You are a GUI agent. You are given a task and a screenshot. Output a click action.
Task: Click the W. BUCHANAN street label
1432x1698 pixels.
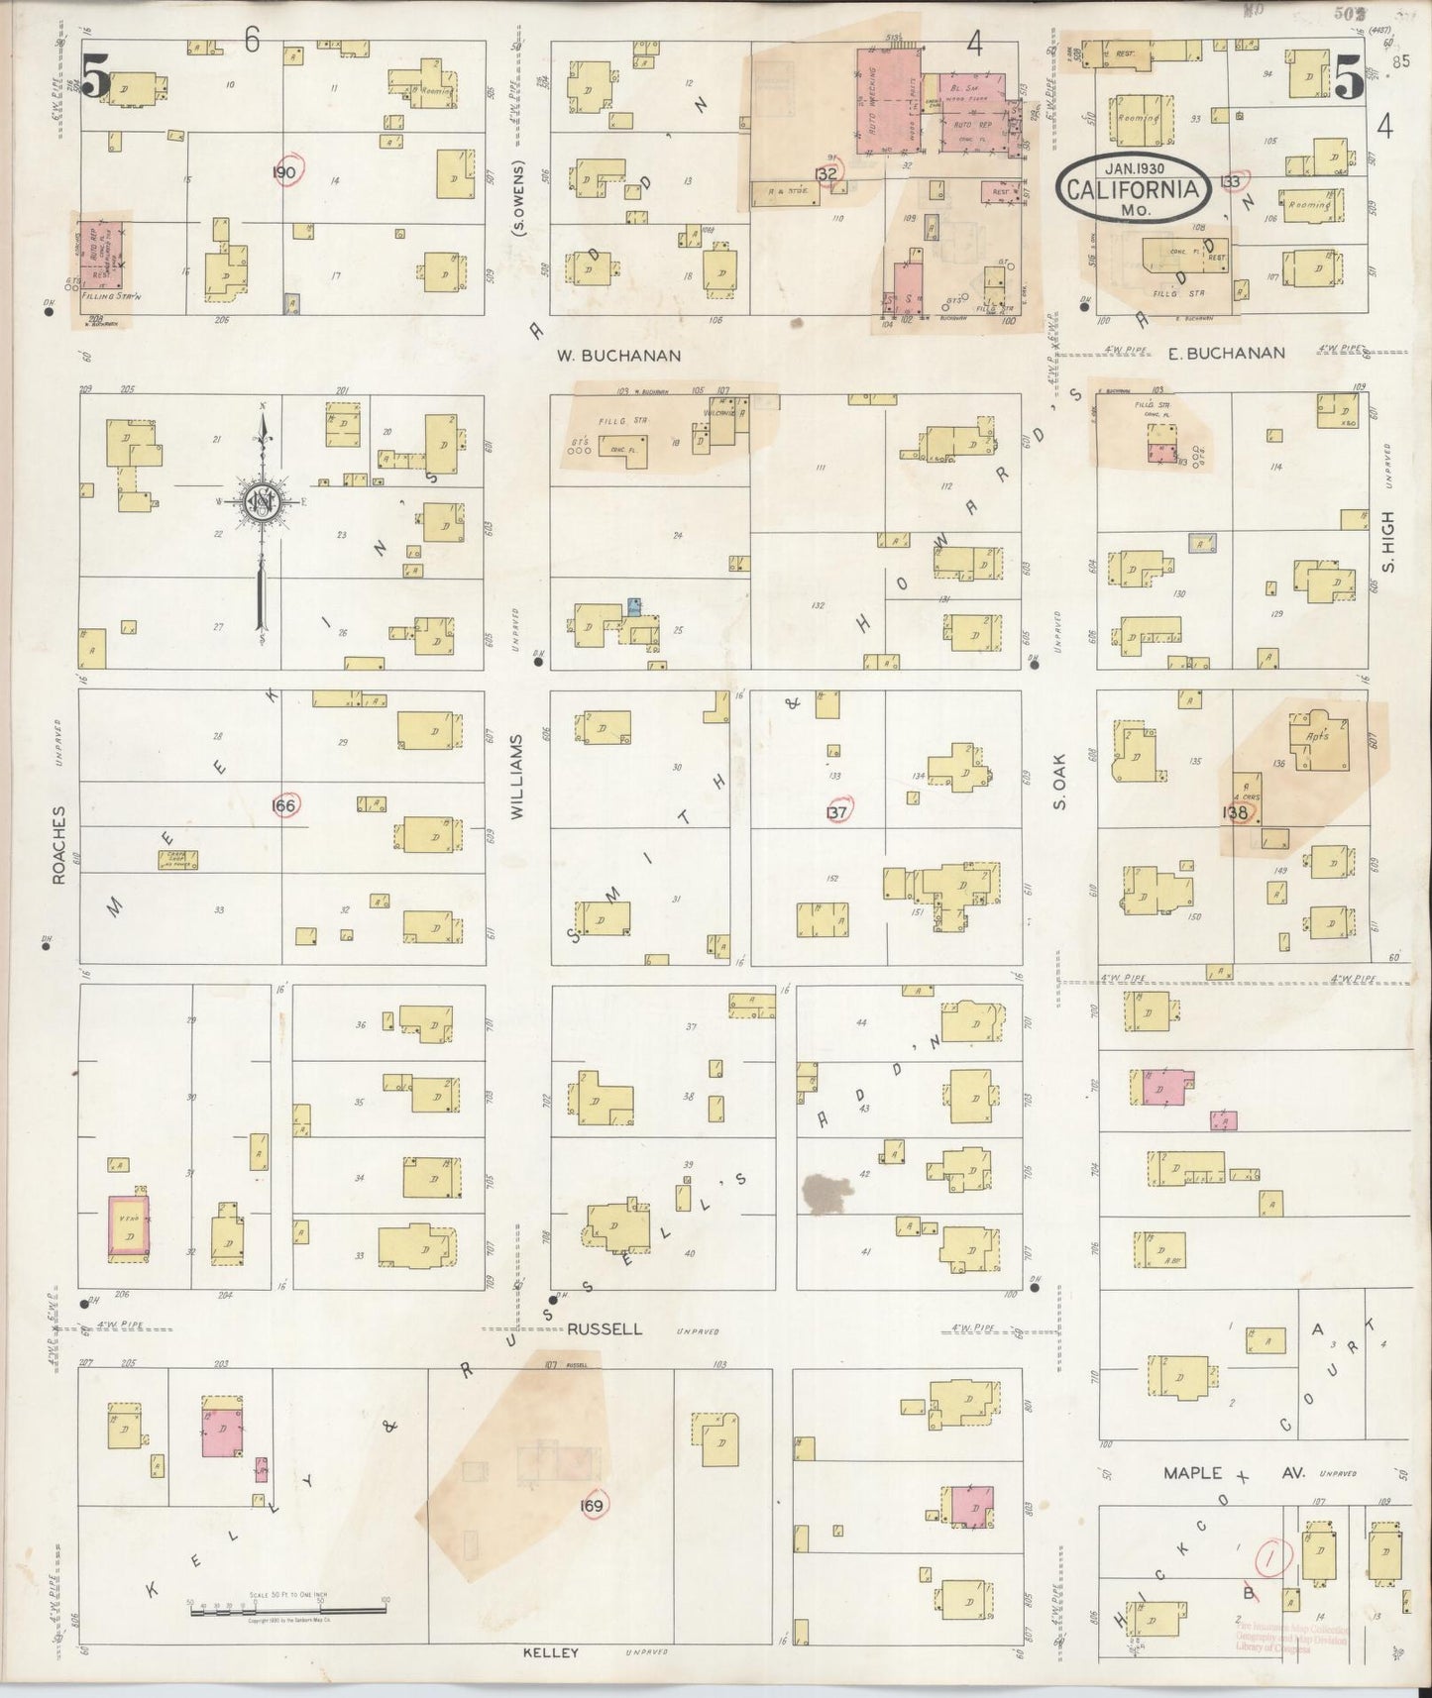pos(619,355)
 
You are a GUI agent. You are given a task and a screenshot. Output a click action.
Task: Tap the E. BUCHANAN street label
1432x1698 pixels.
pos(1226,353)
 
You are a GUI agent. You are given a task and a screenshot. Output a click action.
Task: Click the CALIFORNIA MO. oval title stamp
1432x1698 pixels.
pos(1134,186)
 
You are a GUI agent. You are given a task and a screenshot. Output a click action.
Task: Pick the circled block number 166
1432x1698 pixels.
pos(284,805)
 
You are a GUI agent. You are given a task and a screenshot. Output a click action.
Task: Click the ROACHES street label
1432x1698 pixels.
pos(59,844)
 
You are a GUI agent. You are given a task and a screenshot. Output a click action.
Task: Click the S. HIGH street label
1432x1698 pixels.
pos(1387,541)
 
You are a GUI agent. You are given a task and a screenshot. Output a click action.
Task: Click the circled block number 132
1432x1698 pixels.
pos(826,174)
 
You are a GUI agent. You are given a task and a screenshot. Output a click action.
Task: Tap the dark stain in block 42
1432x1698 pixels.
pos(826,1192)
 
